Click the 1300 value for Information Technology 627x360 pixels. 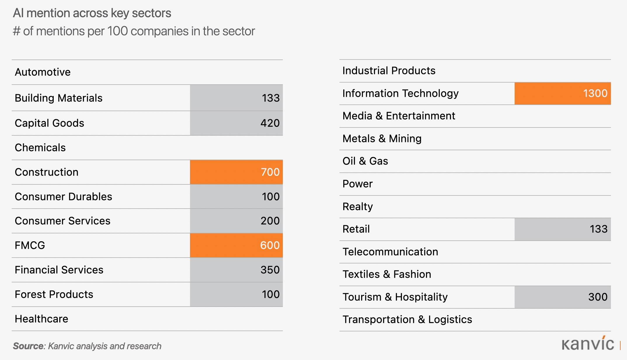coord(595,93)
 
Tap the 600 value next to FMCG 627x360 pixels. coord(270,245)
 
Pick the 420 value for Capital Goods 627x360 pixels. coord(270,123)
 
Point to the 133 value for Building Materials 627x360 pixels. coord(271,98)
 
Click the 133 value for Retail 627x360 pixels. coord(598,229)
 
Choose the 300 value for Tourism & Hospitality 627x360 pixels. coord(598,297)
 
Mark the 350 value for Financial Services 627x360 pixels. coord(270,270)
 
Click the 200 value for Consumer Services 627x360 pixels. coord(270,221)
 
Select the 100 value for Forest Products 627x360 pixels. coord(271,294)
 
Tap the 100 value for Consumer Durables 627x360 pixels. coord(271,197)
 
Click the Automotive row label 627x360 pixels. coord(43,72)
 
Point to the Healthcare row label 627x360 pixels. coord(41,319)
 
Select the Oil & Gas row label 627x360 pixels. coord(365,161)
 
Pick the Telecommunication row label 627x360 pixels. coord(390,252)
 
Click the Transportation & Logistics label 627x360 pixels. coord(407,319)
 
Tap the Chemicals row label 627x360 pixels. coord(40,148)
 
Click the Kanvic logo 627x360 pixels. coord(588,344)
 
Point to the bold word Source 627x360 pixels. coord(28,346)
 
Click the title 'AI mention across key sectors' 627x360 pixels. coord(92,13)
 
